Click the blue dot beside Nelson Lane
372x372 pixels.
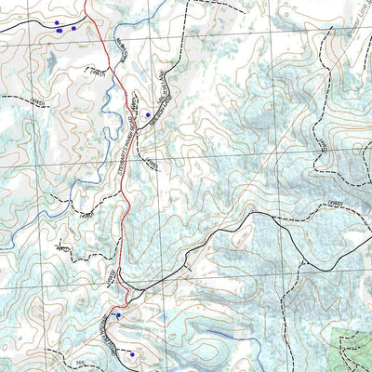click(147, 114)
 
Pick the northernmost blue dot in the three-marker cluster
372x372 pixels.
click(58, 22)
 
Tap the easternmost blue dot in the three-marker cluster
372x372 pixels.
click(73, 28)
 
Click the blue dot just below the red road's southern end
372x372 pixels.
click(118, 315)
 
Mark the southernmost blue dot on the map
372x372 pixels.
click(132, 354)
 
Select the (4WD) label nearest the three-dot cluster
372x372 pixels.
click(91, 69)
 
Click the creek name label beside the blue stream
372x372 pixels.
click(120, 46)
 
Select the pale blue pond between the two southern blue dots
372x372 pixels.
click(127, 335)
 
